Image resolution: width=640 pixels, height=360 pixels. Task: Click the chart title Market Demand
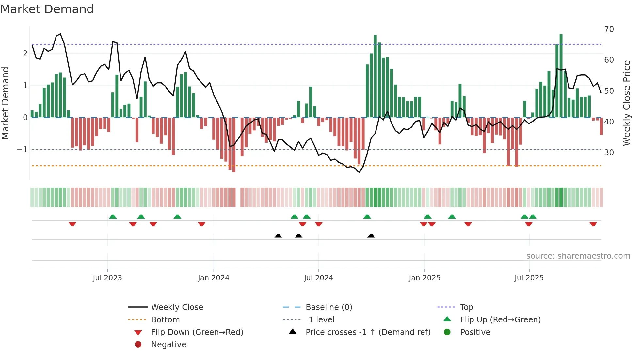point(47,9)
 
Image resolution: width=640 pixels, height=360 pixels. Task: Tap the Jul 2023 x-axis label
point(107,278)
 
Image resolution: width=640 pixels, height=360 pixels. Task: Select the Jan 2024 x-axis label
point(214,278)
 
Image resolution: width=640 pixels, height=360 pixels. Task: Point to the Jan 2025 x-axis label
point(424,278)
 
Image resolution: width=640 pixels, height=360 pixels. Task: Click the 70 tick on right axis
point(609,29)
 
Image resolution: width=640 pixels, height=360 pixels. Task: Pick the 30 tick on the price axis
point(609,153)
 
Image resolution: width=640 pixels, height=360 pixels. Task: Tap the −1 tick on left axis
point(23,150)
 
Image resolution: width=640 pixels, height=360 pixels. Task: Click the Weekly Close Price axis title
point(626,103)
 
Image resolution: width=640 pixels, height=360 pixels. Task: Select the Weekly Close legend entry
point(177,307)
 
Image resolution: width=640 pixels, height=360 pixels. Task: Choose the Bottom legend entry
point(165,320)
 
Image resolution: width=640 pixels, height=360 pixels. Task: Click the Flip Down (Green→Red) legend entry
point(197,332)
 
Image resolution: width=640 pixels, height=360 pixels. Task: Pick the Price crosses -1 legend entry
point(368,332)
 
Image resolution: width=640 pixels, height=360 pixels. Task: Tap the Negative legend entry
point(168,345)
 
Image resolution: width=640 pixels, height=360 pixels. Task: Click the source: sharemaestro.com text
point(578,256)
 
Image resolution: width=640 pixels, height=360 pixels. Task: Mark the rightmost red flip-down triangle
point(593,224)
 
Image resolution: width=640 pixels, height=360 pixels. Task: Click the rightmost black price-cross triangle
point(371,236)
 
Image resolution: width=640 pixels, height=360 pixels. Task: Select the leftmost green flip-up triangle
point(113,217)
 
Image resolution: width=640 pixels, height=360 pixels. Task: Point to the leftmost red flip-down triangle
point(72,224)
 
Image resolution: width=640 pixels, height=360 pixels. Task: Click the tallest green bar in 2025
point(561,75)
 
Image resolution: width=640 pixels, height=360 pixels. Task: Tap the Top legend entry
point(466,307)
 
